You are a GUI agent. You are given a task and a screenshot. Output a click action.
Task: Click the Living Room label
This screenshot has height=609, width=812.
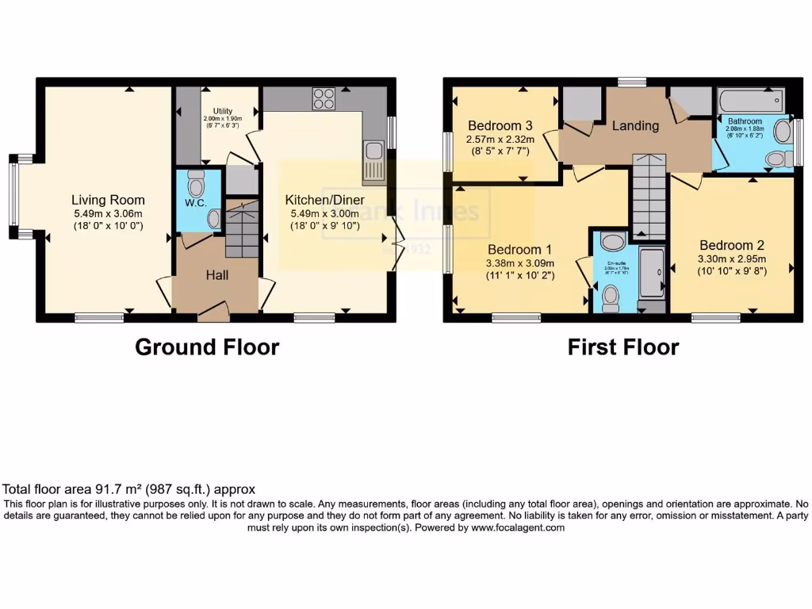pyautogui.click(x=108, y=200)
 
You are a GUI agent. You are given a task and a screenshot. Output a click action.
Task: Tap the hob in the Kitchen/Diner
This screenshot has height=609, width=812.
pyautogui.click(x=324, y=98)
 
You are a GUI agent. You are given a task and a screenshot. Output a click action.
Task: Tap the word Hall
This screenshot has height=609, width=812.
pyautogui.click(x=217, y=274)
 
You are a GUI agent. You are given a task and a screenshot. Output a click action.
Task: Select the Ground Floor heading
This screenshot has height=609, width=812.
pyautogui.click(x=207, y=347)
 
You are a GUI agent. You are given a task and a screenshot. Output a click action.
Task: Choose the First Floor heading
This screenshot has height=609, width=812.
pyautogui.click(x=622, y=347)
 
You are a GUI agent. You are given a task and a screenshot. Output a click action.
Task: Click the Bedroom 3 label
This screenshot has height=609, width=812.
pyautogui.click(x=500, y=125)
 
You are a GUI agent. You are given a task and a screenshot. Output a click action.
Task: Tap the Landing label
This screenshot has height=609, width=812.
pyautogui.click(x=635, y=125)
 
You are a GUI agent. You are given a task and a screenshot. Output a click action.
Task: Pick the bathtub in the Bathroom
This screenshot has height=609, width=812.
pyautogui.click(x=750, y=101)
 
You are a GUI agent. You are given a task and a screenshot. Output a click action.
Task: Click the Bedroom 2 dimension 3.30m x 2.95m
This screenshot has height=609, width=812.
pyautogui.click(x=731, y=259)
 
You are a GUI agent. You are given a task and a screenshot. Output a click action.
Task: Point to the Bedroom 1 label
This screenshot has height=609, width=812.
pyautogui.click(x=519, y=249)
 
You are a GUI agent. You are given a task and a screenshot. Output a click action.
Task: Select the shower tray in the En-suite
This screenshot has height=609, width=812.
pyautogui.click(x=652, y=274)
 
